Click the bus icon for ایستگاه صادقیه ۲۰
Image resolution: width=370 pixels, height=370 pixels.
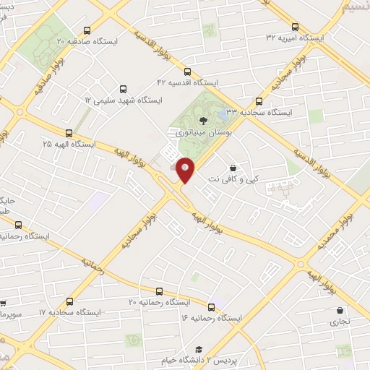coord(87,30)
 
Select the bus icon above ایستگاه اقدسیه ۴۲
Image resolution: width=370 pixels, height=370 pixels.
coord(188,72)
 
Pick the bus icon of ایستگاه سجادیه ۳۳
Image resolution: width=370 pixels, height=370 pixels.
coord(259,101)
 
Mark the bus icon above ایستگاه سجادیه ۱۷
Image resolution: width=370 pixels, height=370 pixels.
coord(69,301)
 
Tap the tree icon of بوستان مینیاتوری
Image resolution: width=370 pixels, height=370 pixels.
coord(202,120)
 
